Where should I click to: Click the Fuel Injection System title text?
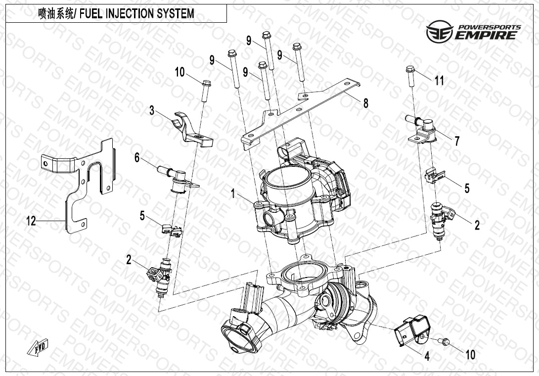pyautogui.click(x=116, y=14)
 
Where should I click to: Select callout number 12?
pyautogui.click(x=31, y=221)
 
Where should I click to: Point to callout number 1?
pyautogui.click(x=232, y=193)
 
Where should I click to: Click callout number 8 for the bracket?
pyautogui.click(x=365, y=103)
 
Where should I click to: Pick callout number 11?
pyautogui.click(x=439, y=81)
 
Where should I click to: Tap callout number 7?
pyautogui.click(x=457, y=141)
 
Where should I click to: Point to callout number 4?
pyautogui.click(x=426, y=355)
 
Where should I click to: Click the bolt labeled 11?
pyautogui.click(x=410, y=78)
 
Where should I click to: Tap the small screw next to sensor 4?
pyautogui.click(x=445, y=341)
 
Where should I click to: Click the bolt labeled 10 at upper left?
pyautogui.click(x=206, y=89)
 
